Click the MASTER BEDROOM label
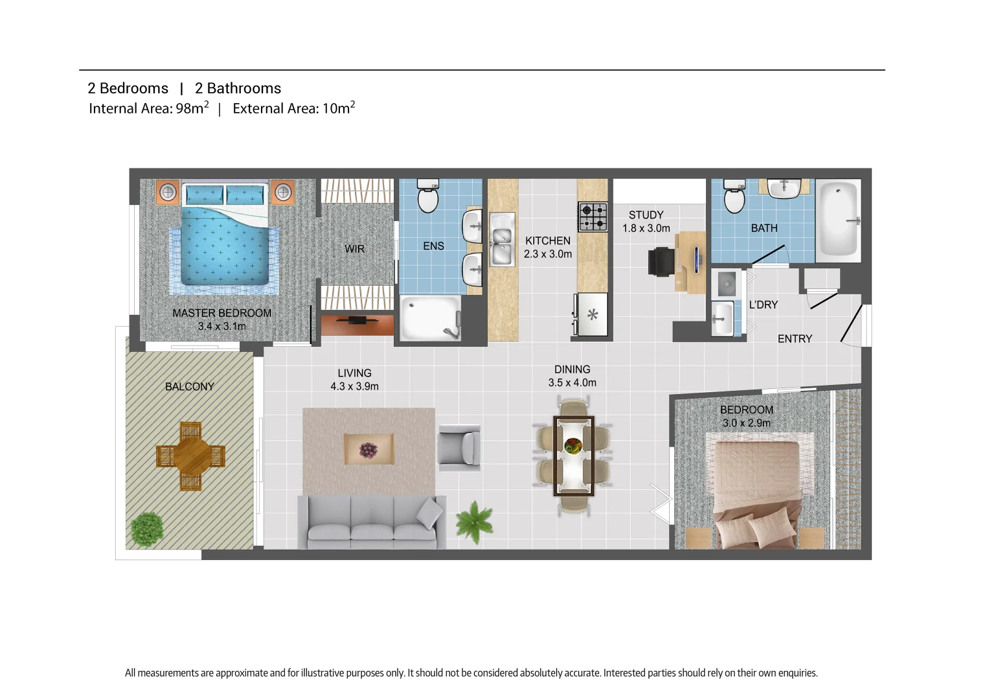pyautogui.click(x=221, y=313)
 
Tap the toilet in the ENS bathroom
pyautogui.click(x=428, y=196)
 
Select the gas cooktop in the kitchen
pyautogui.click(x=593, y=217)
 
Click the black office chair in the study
pyautogui.click(x=661, y=261)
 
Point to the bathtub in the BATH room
pyautogui.click(x=838, y=220)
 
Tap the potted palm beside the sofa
pyautogui.click(x=475, y=520)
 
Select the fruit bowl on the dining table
pyautogui.click(x=573, y=446)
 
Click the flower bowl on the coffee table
pyautogui.click(x=369, y=449)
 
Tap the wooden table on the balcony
pyautogui.click(x=190, y=456)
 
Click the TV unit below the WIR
pyautogui.click(x=357, y=324)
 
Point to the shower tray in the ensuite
pyautogui.click(x=429, y=318)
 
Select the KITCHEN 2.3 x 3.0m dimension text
pyautogui.click(x=548, y=254)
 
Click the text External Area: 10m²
pyautogui.click(x=293, y=108)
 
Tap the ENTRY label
pyautogui.click(x=795, y=339)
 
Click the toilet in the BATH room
pyautogui.click(x=734, y=196)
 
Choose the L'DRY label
pyautogui.click(x=763, y=305)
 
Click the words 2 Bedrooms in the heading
pyautogui.click(x=128, y=88)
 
